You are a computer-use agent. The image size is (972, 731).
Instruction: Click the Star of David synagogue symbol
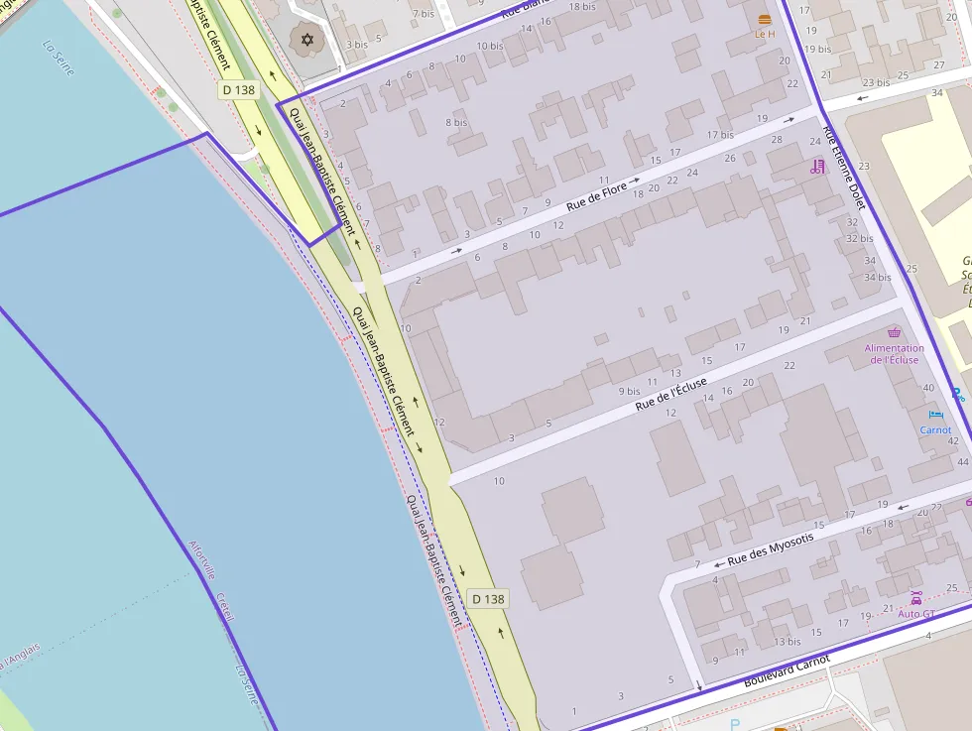coord(306,40)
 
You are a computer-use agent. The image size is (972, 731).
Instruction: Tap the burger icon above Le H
coord(764,20)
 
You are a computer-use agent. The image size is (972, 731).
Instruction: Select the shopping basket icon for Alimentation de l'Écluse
coord(894,333)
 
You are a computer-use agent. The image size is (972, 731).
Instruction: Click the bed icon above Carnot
coord(935,415)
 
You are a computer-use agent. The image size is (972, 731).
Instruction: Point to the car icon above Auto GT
coord(915,598)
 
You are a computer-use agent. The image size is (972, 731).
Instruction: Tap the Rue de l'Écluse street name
coord(671,393)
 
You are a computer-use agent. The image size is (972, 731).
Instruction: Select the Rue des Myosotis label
coord(770,549)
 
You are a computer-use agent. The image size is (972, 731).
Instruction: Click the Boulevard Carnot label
coord(787,671)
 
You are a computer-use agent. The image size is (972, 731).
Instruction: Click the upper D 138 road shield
coord(238,90)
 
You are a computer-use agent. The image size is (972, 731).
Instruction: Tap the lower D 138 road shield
coord(488,599)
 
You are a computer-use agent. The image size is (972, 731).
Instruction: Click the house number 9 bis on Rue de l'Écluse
coord(630,391)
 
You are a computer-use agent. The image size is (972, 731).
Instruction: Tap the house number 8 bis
coord(456,123)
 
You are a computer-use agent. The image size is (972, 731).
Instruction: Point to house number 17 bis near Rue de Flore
coord(720,135)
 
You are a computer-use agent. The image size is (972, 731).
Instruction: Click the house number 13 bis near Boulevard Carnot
coord(787,642)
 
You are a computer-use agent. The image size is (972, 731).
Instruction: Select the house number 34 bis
coord(877,277)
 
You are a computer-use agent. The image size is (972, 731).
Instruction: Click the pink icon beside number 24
coord(817,167)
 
